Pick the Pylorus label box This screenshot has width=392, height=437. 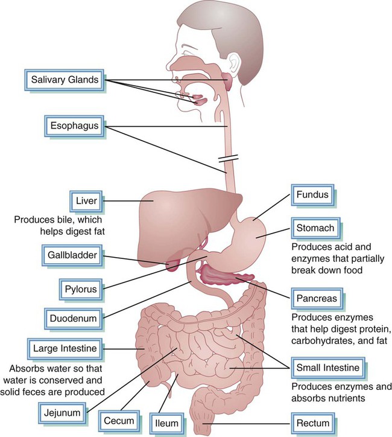[x=81, y=289]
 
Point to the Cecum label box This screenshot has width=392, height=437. [x=117, y=421]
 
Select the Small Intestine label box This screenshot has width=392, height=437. [x=327, y=368]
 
